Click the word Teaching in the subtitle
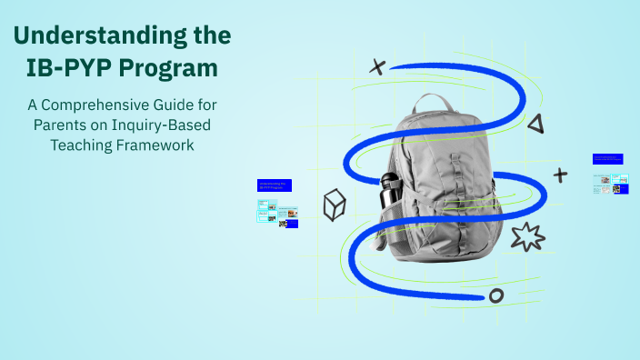tap(82, 145)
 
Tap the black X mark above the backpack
tap(376, 65)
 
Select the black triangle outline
tap(535, 124)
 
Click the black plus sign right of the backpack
tap(560, 175)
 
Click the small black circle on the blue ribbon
tap(495, 295)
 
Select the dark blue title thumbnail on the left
tap(274, 185)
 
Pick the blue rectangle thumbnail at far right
tap(607, 159)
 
